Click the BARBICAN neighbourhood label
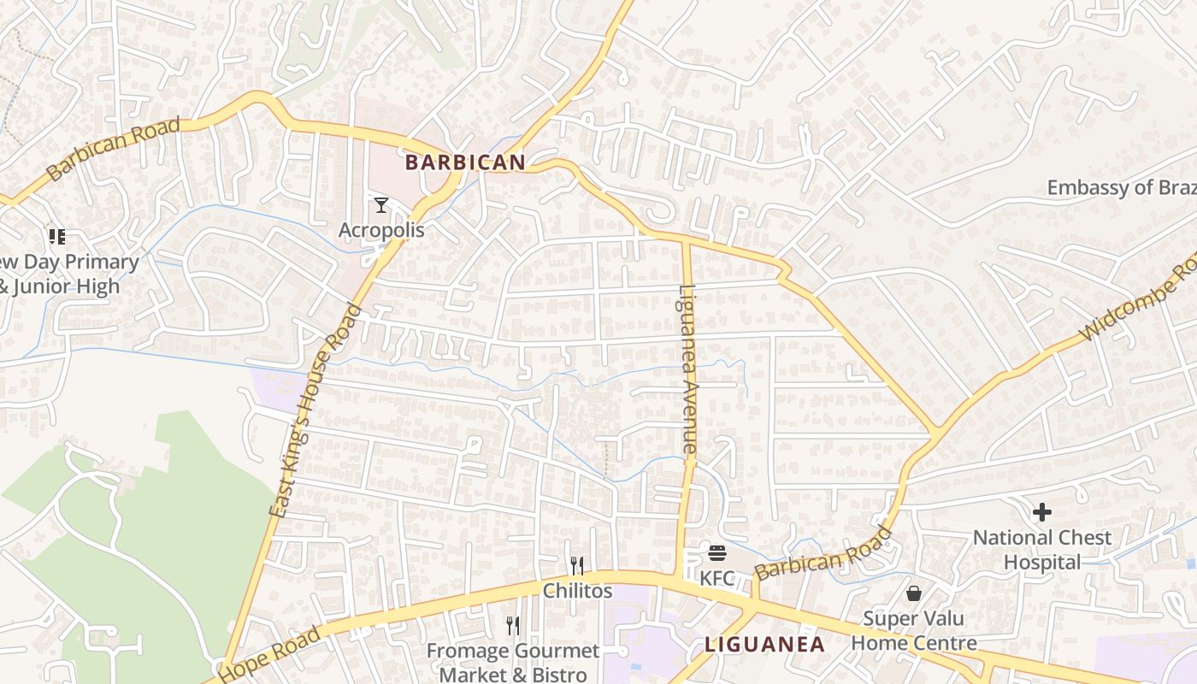tap(465, 162)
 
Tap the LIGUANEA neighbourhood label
tap(764, 645)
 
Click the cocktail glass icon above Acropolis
tap(381, 205)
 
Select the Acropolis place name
tap(381, 230)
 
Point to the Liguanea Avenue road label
tap(688, 369)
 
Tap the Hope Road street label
tap(270, 654)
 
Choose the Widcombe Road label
tap(1137, 299)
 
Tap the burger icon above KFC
tap(717, 553)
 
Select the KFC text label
tap(717, 579)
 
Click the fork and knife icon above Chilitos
tap(577, 565)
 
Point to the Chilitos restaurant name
tap(578, 591)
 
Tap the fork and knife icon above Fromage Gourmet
tap(513, 626)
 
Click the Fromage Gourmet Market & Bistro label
tap(513, 662)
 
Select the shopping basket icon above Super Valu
tap(914, 593)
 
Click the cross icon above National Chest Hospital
tap(1042, 512)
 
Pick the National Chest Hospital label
tap(1042, 550)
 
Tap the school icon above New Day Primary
tap(56, 236)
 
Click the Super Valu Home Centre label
tap(914, 630)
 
